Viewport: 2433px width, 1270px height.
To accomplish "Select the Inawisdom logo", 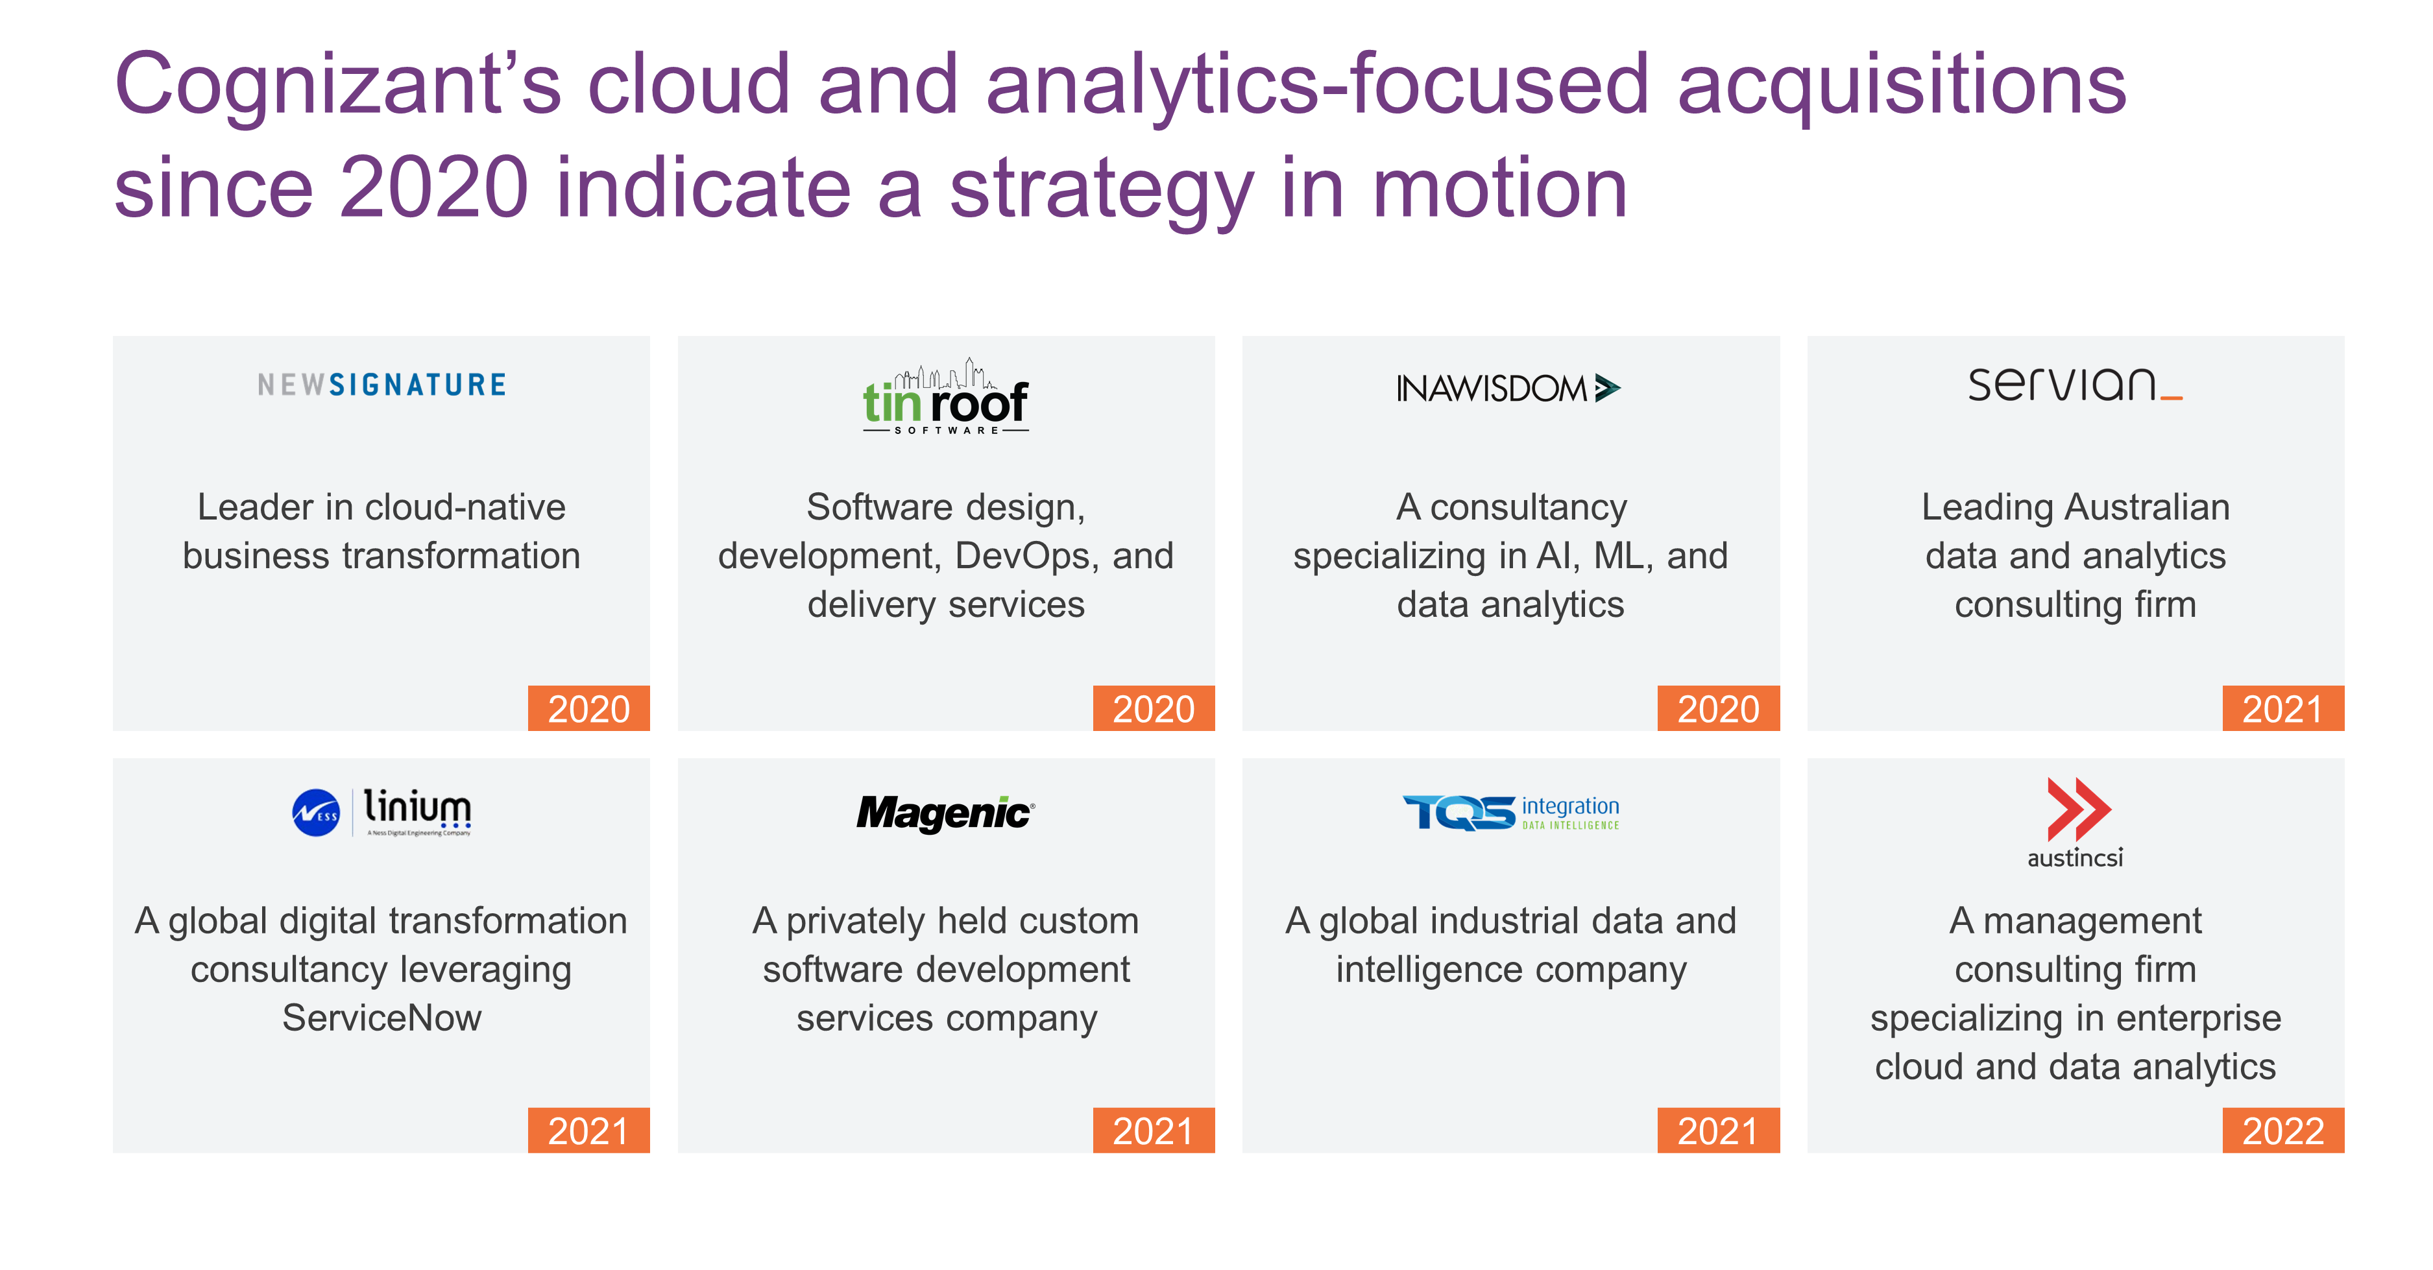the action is pos(1508,388).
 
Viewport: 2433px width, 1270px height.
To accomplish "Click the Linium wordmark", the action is pos(417,810).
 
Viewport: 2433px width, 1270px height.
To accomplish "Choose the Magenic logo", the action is pos(945,813).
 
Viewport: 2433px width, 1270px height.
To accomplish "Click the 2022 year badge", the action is pos(2283,1131).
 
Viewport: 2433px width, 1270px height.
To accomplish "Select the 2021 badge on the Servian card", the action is pos(2283,708).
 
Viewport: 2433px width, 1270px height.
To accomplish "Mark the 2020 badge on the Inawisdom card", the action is pos(1718,708).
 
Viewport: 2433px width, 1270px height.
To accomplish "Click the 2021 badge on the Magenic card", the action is pos(1153,1131).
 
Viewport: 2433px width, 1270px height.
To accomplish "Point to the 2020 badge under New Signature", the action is pos(588,708).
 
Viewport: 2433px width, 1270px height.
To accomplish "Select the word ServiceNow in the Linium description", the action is pos(381,1018).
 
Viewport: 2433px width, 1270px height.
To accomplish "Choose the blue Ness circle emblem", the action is pos(315,813).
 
